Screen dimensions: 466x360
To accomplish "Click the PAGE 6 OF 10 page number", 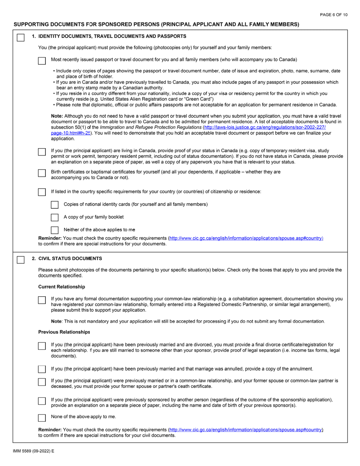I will pos(333,15).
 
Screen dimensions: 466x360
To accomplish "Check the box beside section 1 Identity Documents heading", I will pos(20,38).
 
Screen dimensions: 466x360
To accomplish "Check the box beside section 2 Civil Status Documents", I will pos(20,260).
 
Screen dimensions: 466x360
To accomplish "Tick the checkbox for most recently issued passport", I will pos(42,61).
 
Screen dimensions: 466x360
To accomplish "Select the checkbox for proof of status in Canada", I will pos(42,152).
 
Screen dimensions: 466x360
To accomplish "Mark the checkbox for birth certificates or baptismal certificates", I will pos(42,173).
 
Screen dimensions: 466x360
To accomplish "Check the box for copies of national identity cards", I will pos(55,205).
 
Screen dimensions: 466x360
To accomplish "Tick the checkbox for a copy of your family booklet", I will pos(55,217).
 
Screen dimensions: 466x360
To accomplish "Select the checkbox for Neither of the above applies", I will pos(55,230).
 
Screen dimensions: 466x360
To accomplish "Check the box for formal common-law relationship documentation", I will pos(42,300).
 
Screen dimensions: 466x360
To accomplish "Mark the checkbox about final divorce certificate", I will pos(42,346).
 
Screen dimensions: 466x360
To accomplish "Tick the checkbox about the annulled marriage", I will pos(42,369).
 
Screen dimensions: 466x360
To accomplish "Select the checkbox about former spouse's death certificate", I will pos(42,382).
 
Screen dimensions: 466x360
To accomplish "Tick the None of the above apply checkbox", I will pos(42,418).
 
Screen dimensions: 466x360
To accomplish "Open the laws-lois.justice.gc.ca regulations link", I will pos(265,128).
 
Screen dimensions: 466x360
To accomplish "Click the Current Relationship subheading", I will pos(61,287).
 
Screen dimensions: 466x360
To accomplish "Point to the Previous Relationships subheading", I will pos(64,332).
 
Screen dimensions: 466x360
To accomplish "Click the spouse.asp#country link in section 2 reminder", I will pos(246,430).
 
